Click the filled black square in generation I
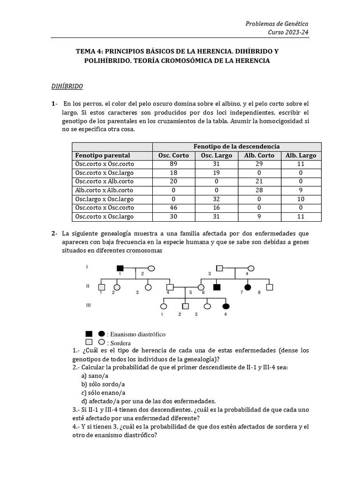[x=120, y=268]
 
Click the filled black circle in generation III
[x=226, y=306]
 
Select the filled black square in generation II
[x=217, y=286]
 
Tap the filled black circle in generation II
[x=247, y=286]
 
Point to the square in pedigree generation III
[x=185, y=306]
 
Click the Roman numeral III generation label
[x=89, y=305]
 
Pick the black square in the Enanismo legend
[x=89, y=334]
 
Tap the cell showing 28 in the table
[x=259, y=190]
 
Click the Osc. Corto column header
[x=173, y=155]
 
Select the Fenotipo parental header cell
[x=103, y=155]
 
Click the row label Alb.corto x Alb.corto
[x=104, y=190]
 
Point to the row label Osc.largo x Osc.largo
[x=104, y=199]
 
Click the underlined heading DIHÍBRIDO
[x=67, y=87]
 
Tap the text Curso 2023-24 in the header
[x=288, y=32]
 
